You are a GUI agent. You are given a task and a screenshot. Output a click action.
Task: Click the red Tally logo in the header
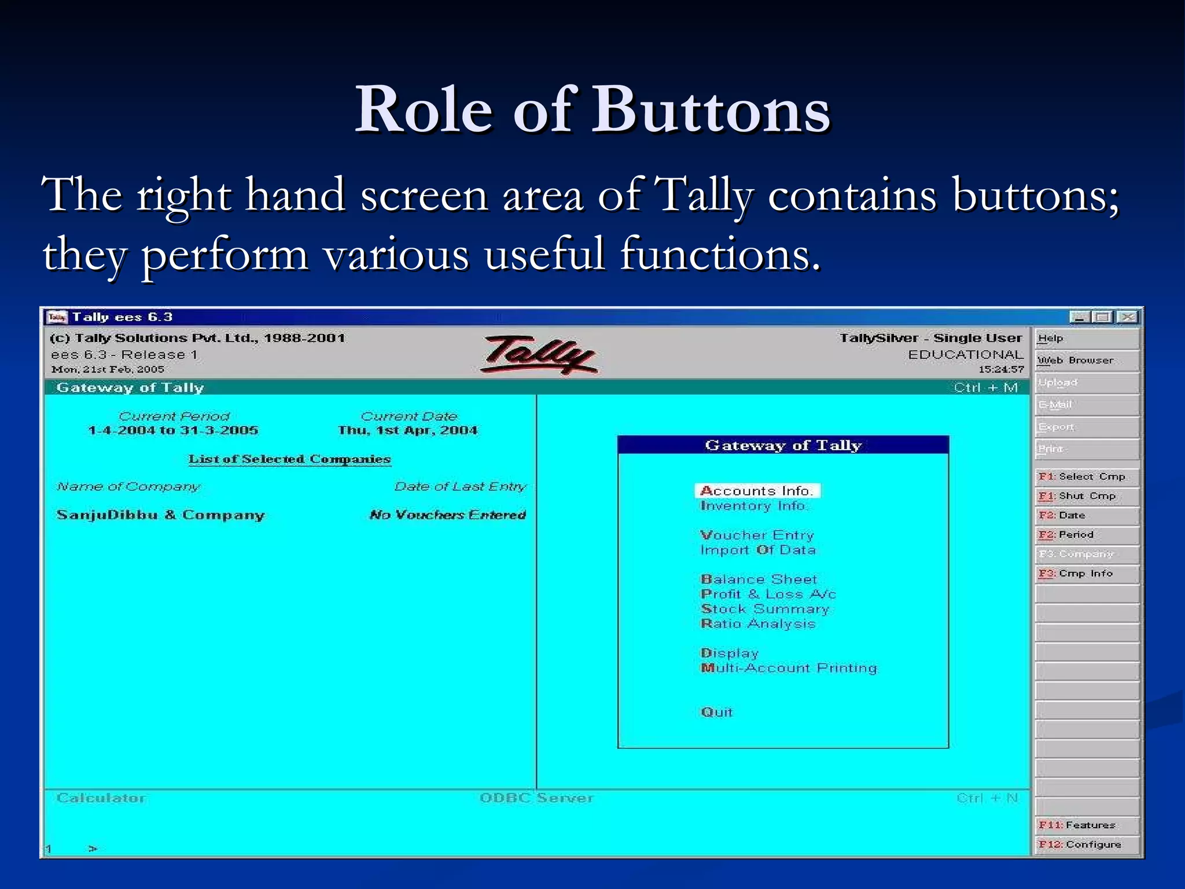point(539,354)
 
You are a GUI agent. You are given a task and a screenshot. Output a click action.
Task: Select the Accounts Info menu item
point(757,491)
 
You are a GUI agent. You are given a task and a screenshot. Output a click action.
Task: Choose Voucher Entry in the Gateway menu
point(757,535)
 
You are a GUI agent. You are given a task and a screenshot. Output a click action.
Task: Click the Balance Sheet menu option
point(759,579)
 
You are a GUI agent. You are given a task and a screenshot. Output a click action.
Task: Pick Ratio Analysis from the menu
point(758,624)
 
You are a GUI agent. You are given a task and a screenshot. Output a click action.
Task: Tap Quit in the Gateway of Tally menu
point(716,712)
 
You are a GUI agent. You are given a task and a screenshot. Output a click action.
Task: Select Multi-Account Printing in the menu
point(789,668)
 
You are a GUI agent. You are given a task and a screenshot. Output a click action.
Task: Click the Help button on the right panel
point(1087,339)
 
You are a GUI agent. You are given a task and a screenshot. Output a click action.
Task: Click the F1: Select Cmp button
point(1087,476)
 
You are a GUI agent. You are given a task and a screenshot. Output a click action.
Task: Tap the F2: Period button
point(1087,535)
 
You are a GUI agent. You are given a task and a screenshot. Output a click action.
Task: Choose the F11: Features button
point(1087,825)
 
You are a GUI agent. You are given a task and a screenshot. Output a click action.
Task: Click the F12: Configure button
point(1087,844)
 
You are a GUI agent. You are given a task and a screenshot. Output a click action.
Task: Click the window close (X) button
point(1127,317)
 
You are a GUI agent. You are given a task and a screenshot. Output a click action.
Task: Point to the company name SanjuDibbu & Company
point(160,515)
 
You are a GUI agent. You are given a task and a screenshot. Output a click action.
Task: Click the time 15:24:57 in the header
point(1000,369)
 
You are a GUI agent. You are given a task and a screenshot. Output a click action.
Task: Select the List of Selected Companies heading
point(289,460)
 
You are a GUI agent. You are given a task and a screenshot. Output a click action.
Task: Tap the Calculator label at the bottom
point(101,798)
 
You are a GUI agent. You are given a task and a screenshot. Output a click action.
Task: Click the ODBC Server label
point(536,798)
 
